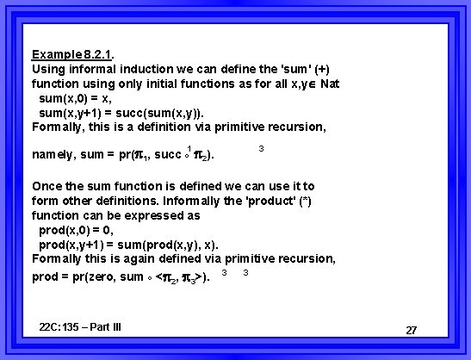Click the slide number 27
411,331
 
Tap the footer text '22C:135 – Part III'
81,326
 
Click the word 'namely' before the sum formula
53,155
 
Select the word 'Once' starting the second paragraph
47,185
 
